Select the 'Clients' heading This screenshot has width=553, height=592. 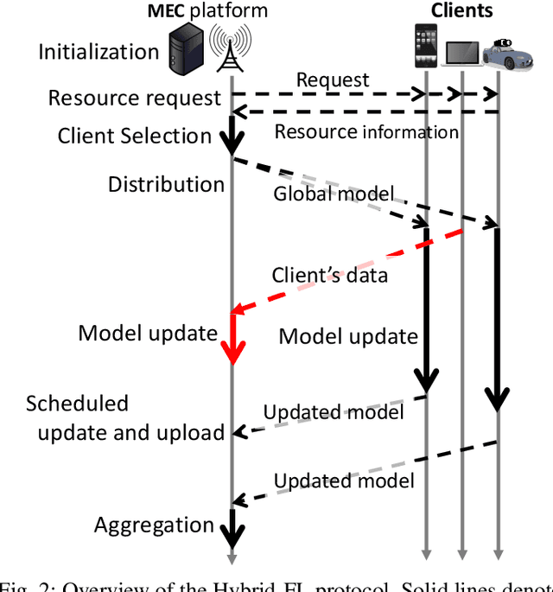461,10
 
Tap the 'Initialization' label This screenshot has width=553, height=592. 99,52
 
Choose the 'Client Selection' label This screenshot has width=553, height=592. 135,136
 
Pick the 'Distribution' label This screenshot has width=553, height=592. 166,184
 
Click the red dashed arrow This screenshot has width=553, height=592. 346,270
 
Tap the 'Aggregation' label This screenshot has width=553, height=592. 154,525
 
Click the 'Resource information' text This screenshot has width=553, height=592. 366,131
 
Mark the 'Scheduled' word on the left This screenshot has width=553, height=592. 77,404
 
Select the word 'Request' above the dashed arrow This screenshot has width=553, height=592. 333,80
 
